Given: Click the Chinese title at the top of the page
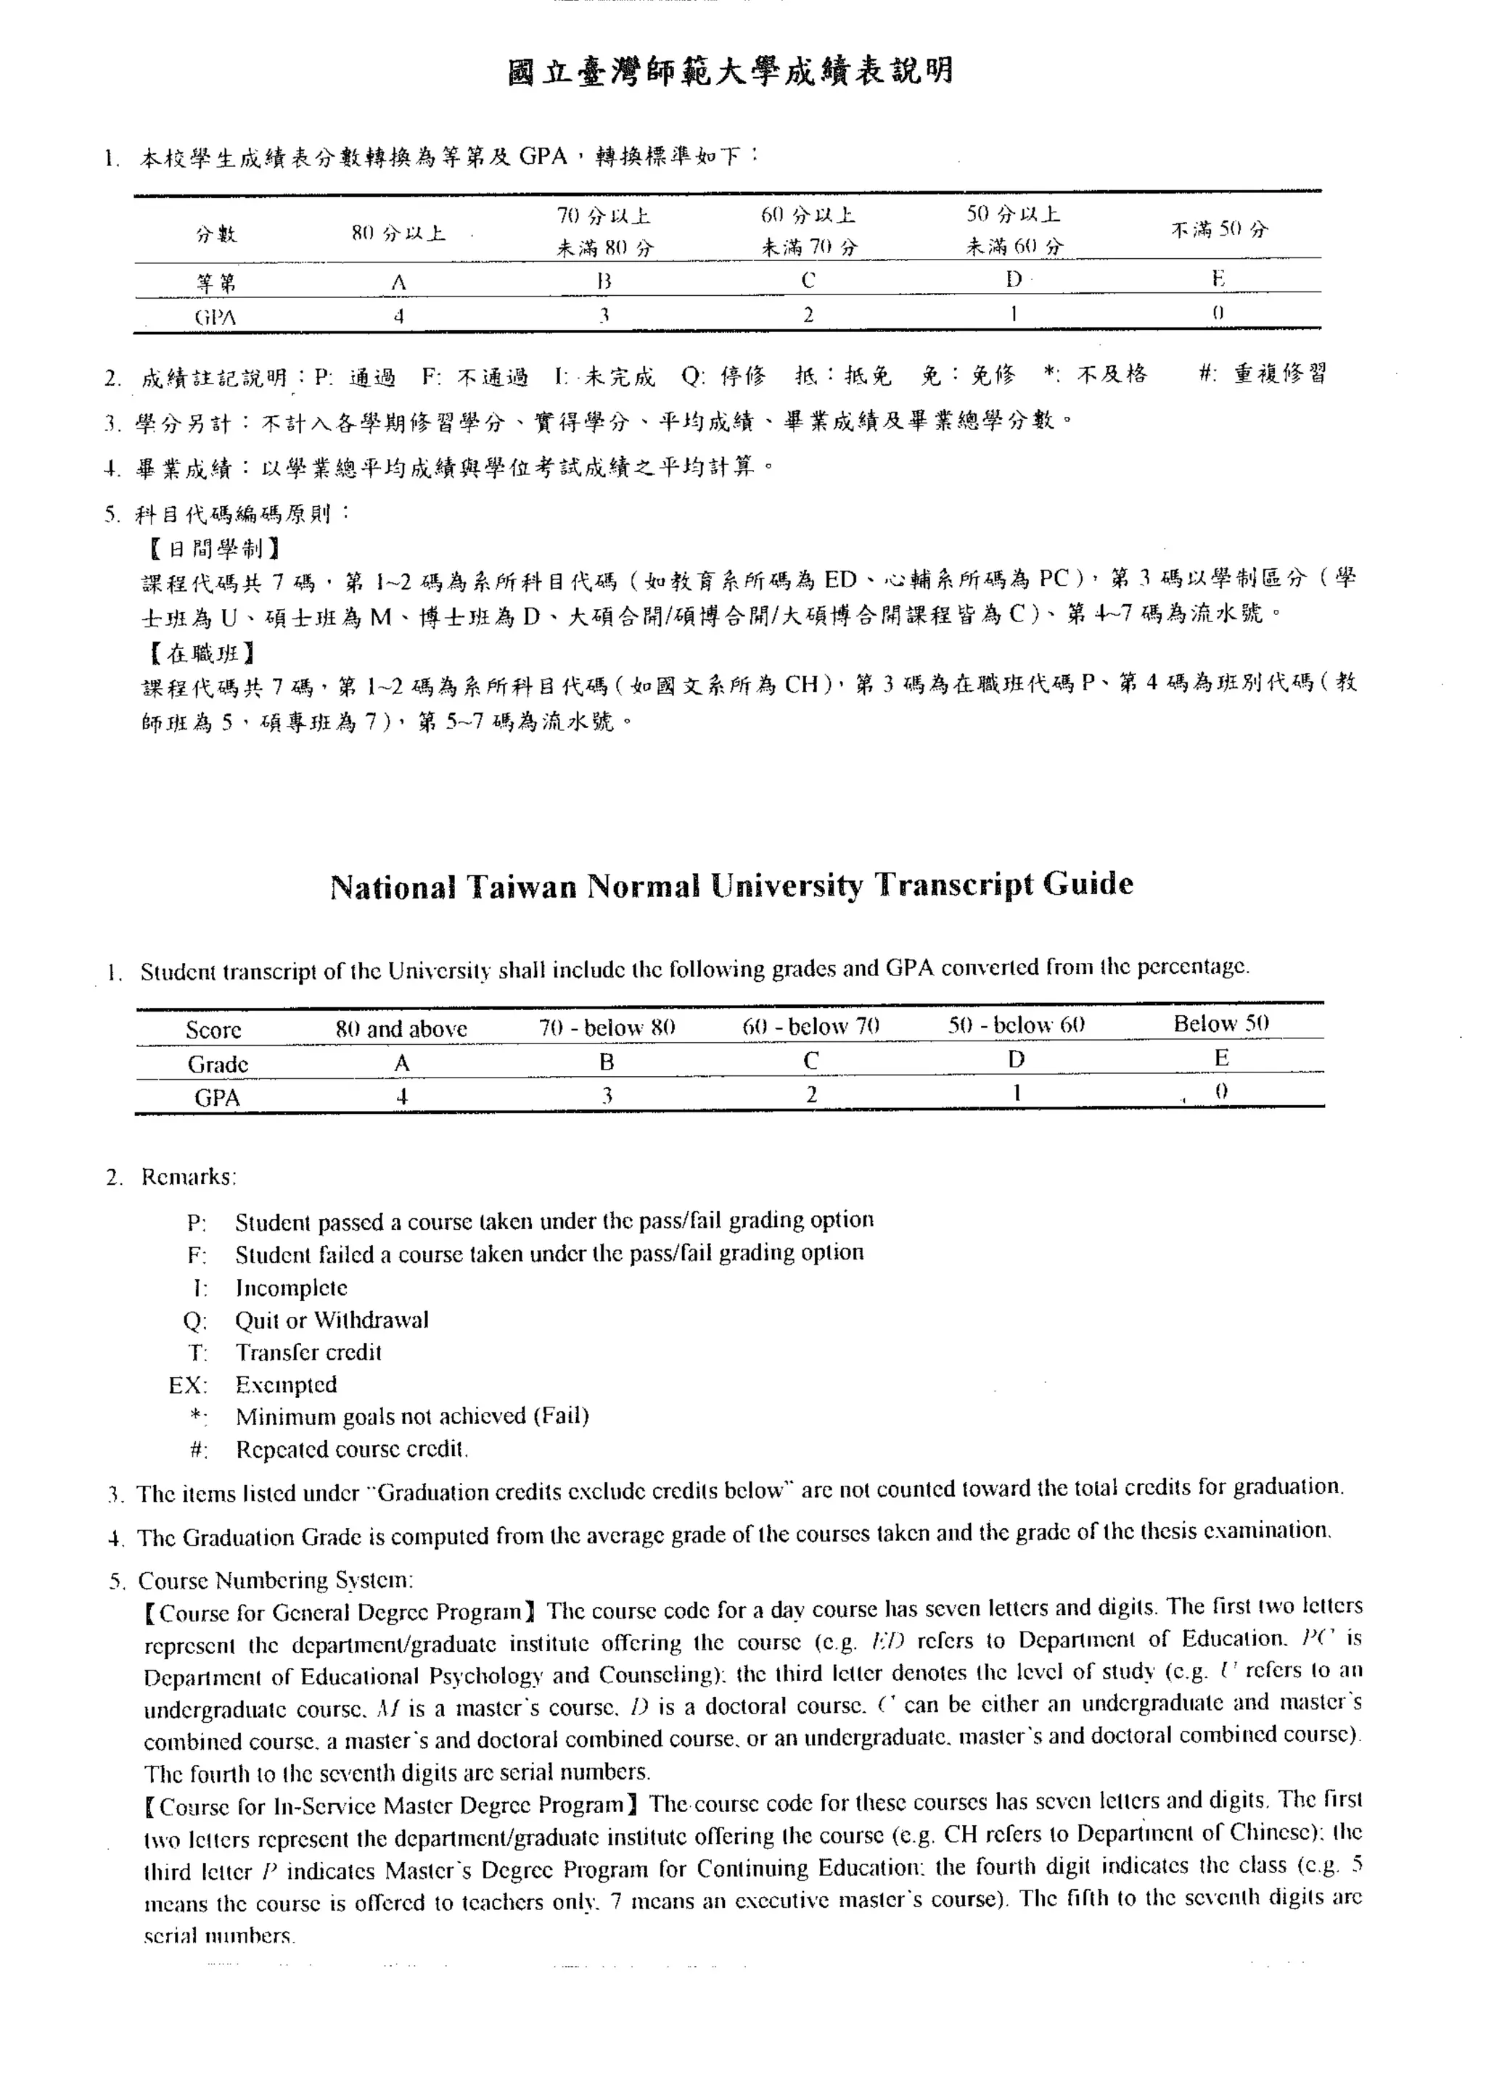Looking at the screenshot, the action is (x=729, y=71).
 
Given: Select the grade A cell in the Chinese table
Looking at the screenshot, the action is (x=398, y=284).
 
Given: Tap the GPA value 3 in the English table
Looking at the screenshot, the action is (x=606, y=1096).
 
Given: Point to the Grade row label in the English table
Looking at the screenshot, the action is (x=218, y=1064).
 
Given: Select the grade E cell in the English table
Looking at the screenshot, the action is (x=1220, y=1058).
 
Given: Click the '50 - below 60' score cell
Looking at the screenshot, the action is (x=1016, y=1025).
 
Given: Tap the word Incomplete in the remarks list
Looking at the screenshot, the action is (x=291, y=1288).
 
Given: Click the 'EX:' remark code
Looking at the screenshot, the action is (x=188, y=1385).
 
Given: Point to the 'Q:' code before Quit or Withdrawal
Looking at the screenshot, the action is (x=195, y=1320).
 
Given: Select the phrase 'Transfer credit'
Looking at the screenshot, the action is (x=308, y=1352).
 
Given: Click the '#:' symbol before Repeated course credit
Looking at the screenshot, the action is (x=197, y=1450).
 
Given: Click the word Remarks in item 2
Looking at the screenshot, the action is (x=188, y=1176).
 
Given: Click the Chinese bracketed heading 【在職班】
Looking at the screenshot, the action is (x=200, y=652).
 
